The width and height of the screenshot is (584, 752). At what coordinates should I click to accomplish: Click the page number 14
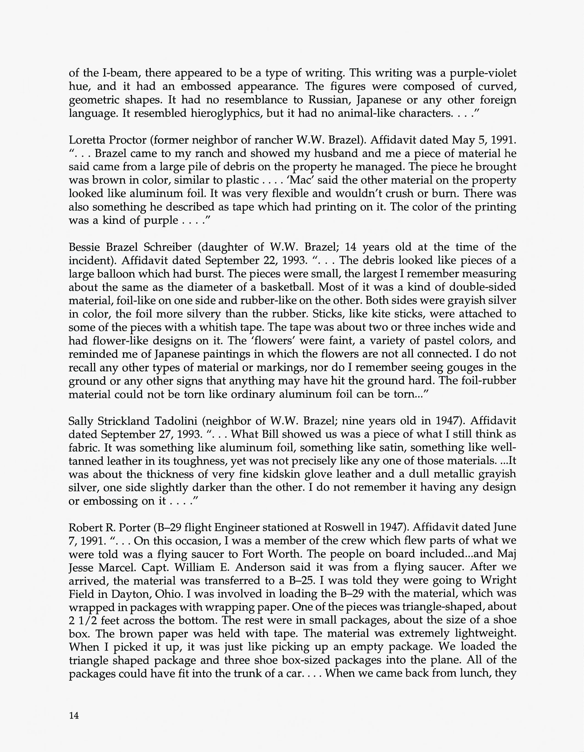click(x=74, y=716)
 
